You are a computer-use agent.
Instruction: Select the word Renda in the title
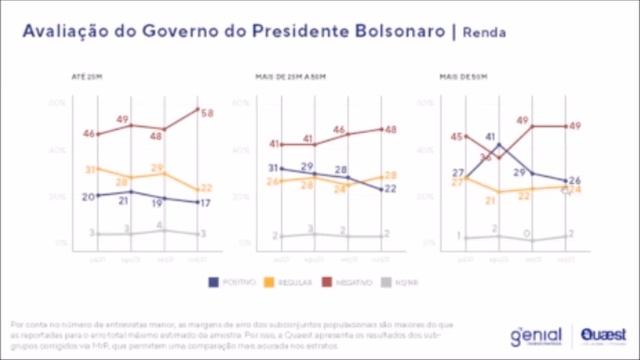485,32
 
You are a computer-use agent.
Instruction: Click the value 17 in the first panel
205,203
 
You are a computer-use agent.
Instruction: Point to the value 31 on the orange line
91,170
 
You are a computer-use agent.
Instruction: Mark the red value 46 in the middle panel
340,131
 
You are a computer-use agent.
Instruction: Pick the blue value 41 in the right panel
492,136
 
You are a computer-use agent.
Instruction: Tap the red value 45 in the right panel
457,137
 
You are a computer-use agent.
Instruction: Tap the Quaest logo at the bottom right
601,335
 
